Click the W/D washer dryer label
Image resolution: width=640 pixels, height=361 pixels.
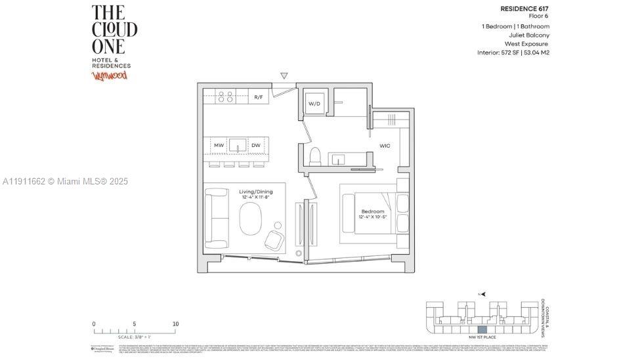click(314, 103)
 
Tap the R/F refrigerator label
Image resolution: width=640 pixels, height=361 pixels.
click(259, 97)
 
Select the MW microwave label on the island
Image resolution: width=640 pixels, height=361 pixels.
click(219, 145)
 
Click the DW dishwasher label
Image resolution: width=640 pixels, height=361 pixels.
click(255, 145)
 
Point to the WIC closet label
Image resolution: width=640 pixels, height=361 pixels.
click(385, 145)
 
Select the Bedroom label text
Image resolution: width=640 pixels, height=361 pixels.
click(372, 211)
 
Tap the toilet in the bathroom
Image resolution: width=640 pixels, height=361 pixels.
click(314, 156)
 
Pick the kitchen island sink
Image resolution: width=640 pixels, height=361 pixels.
click(237, 145)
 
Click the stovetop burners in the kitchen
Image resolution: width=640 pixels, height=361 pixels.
click(225, 97)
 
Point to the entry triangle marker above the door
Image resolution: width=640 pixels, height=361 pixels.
click(284, 76)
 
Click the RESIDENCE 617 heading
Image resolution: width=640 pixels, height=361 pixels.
click(524, 9)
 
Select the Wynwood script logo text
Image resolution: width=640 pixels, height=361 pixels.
click(109, 75)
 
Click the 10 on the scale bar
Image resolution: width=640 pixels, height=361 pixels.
click(175, 324)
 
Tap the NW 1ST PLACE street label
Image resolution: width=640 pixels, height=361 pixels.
click(482, 336)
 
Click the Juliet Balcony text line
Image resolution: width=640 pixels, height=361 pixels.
click(529, 35)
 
